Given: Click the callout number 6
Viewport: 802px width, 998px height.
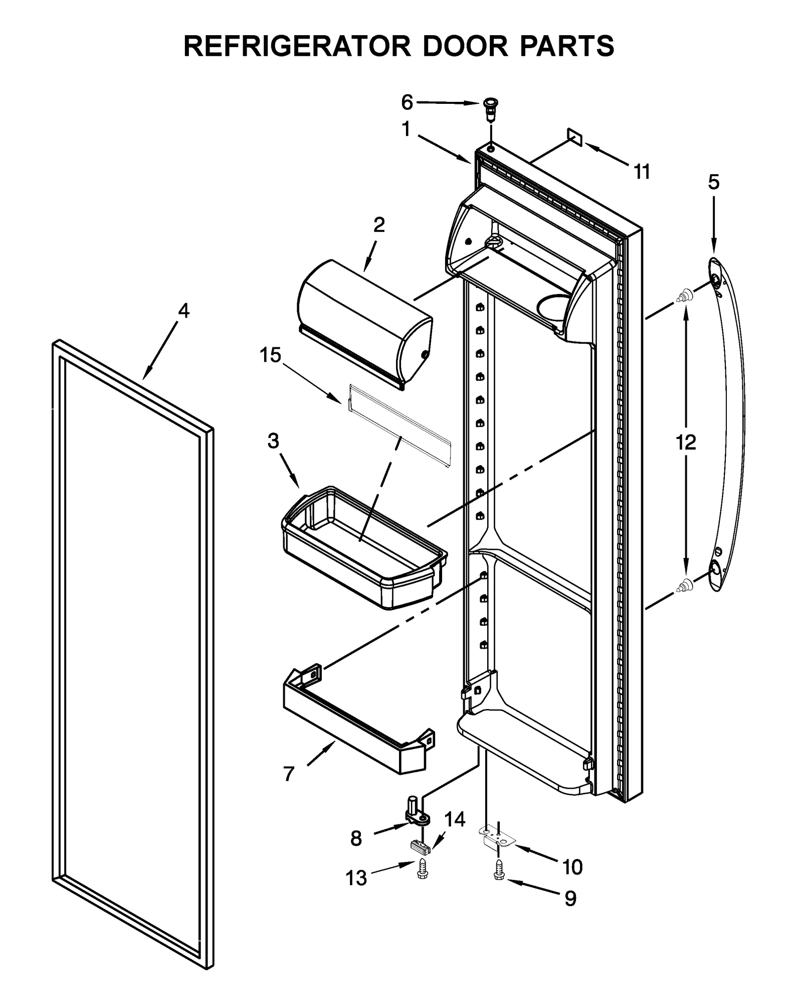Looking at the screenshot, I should tap(407, 102).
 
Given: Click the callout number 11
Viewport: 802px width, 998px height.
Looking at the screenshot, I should tap(642, 172).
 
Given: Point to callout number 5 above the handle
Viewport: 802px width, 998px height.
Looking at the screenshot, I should tap(713, 182).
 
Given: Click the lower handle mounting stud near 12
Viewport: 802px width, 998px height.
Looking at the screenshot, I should tap(685, 584).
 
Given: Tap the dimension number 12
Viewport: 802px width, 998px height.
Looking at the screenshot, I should tap(686, 443).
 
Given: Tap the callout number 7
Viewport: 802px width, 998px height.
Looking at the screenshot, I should tap(288, 774).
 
